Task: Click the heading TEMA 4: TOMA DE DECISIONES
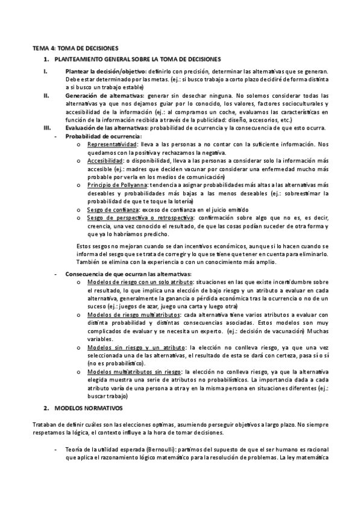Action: [x=75, y=47]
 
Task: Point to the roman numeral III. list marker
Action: [x=47, y=128]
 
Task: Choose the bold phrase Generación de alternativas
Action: [x=104, y=95]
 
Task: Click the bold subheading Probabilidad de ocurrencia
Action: [x=96, y=136]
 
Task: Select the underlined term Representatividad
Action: [x=111, y=145]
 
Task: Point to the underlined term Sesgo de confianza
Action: [x=112, y=208]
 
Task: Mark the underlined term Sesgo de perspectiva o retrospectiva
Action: [x=136, y=217]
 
